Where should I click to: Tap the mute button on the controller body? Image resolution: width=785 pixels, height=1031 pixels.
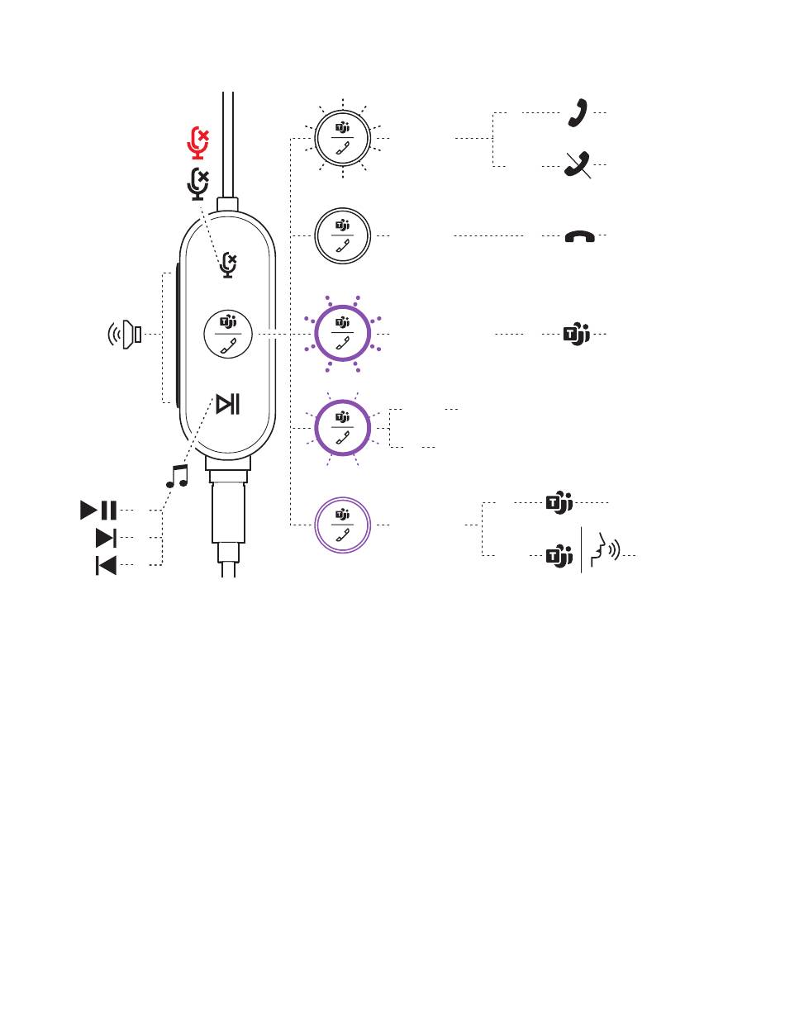(x=227, y=264)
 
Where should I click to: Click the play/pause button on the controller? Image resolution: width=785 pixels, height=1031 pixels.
(x=228, y=404)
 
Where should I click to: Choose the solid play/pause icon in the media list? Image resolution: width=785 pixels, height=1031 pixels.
(x=98, y=510)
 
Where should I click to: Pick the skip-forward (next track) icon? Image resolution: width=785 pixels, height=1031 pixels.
(x=106, y=539)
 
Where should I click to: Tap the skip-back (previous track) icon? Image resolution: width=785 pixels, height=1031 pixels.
(x=106, y=566)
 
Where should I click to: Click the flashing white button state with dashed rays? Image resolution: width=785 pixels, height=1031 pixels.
(x=343, y=138)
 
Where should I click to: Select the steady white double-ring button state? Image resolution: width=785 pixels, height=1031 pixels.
(x=343, y=236)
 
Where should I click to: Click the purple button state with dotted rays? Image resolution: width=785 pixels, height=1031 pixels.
(x=343, y=334)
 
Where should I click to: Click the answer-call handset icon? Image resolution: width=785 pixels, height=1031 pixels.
(x=578, y=112)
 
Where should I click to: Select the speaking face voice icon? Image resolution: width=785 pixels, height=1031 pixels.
(x=607, y=548)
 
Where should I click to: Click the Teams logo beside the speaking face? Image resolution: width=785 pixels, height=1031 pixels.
(x=560, y=556)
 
